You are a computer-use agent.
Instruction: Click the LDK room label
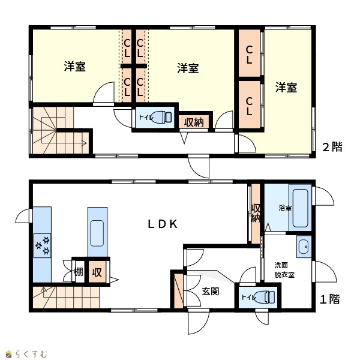tap(163, 224)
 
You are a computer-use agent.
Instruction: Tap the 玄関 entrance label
tap(211, 291)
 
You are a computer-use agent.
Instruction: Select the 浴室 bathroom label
tap(285, 208)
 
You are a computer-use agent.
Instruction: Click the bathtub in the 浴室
tap(301, 208)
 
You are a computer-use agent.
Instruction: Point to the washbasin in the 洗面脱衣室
tap(304, 247)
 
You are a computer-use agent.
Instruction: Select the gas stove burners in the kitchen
tap(43, 245)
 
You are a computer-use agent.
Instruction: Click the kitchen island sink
tap(97, 233)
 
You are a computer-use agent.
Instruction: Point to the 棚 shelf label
tap(78, 272)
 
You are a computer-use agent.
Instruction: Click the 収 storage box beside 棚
tap(97, 272)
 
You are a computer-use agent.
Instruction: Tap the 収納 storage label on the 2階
tap(194, 122)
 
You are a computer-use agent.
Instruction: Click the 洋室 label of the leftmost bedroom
tap(75, 67)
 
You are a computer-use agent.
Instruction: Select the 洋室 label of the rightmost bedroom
tap(286, 88)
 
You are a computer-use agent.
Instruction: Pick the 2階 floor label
tap(332, 147)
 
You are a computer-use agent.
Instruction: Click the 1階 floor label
tap(330, 299)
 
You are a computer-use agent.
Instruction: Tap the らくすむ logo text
tap(31, 354)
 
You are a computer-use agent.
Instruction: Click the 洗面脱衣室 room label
tap(284, 270)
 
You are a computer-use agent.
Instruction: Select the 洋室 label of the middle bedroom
tap(188, 68)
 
